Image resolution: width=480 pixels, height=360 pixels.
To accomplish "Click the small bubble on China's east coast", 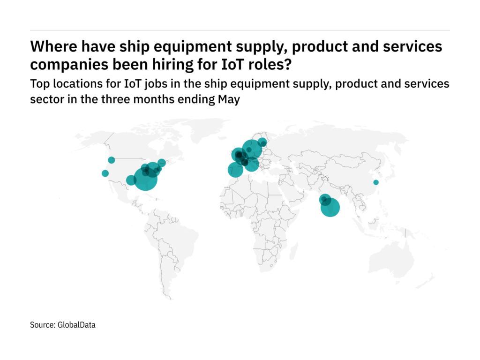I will (x=375, y=182).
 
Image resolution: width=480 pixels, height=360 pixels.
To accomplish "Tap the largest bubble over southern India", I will (x=330, y=207).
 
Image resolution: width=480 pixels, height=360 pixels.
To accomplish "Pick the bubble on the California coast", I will (x=105, y=173).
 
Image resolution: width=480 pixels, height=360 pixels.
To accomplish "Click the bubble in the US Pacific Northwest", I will (x=112, y=160).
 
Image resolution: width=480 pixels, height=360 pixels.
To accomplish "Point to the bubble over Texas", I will (x=131, y=180).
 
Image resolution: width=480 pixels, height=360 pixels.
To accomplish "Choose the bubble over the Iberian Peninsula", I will (x=235, y=170).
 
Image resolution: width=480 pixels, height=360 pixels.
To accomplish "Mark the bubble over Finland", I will (x=262, y=142).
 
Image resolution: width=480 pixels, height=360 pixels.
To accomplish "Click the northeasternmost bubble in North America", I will (x=162, y=163).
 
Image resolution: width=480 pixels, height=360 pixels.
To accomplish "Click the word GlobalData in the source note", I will (x=76, y=324).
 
